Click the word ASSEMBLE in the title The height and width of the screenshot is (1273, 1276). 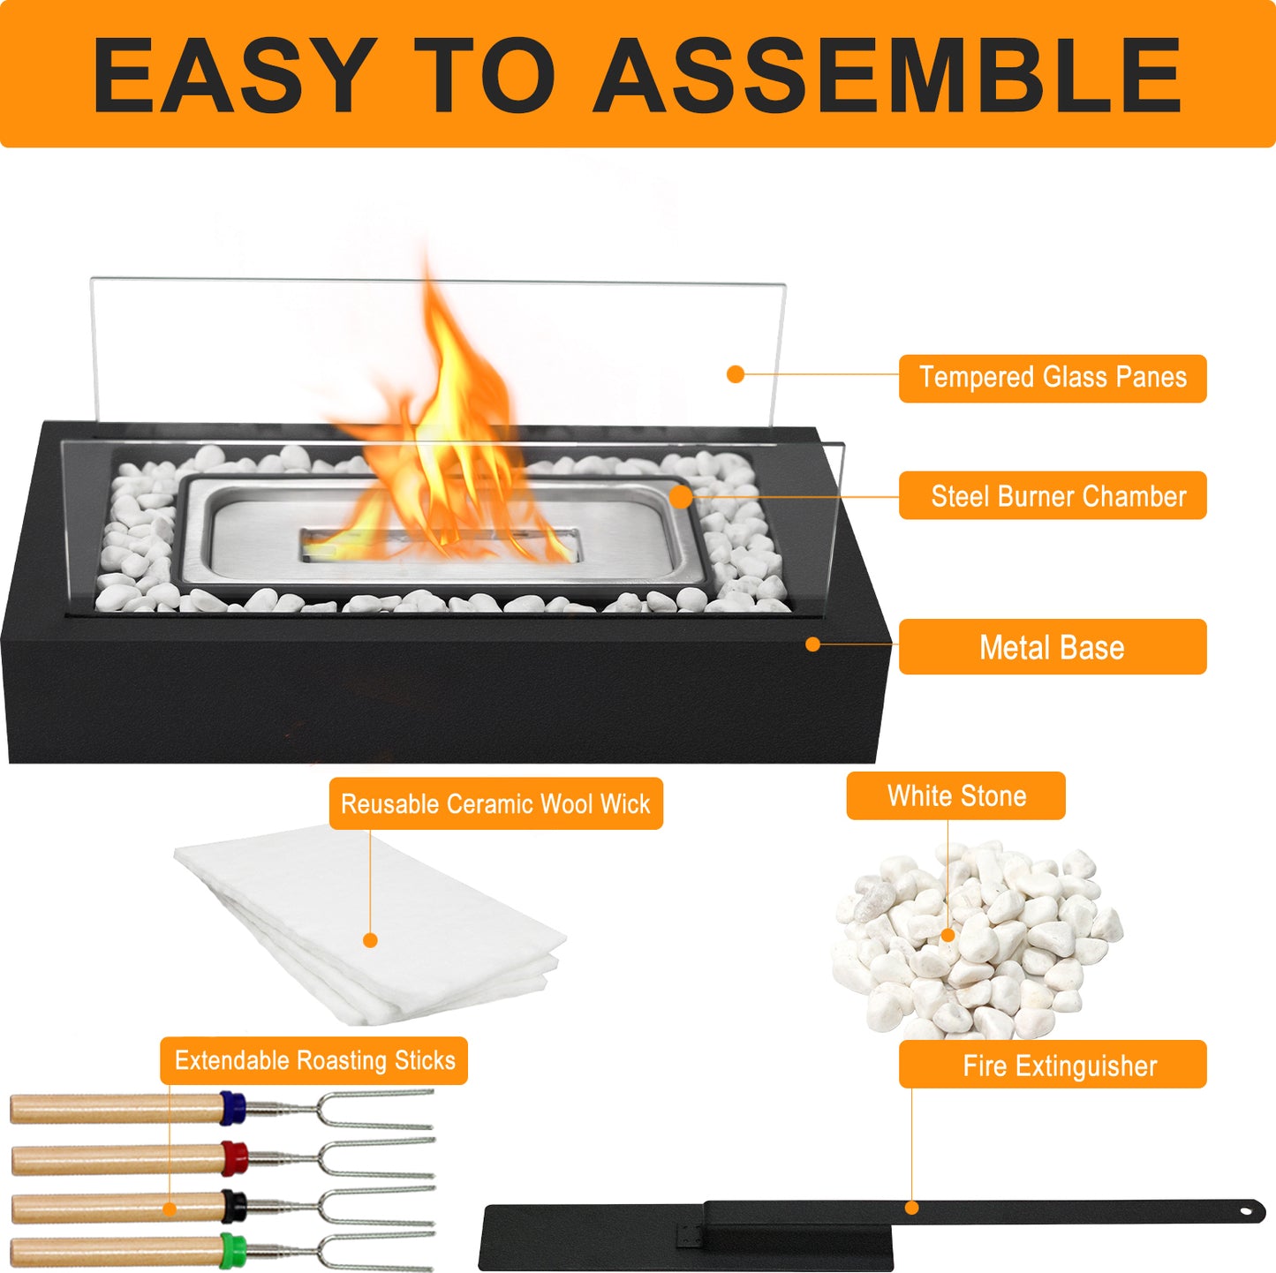tap(887, 74)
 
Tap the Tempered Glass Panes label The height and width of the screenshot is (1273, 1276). tap(1053, 378)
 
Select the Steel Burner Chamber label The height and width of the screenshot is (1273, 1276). tap(1053, 495)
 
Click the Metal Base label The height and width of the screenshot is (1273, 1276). tap(1053, 647)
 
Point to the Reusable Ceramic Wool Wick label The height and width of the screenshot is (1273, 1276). tap(496, 803)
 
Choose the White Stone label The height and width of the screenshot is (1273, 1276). tap(955, 795)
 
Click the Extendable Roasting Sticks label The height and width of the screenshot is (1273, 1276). tap(313, 1060)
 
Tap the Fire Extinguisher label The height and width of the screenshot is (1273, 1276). tap(1053, 1066)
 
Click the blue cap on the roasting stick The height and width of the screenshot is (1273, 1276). tap(233, 1108)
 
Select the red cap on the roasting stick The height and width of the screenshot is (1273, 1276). tap(234, 1158)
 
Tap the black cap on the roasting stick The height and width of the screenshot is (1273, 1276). tap(234, 1206)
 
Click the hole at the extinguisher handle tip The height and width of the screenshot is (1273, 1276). tap(1248, 1211)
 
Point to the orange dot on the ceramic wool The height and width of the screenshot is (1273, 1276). tap(371, 940)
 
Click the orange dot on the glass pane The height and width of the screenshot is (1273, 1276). tap(735, 374)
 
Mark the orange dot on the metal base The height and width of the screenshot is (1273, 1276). tap(813, 644)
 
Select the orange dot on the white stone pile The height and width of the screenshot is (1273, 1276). tap(948, 935)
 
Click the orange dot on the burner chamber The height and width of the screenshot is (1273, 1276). tap(681, 496)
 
